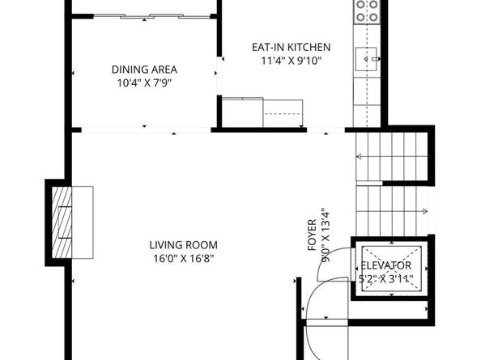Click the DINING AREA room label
tap(144, 70)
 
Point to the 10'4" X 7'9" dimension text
tap(144, 83)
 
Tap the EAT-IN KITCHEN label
tap(291, 48)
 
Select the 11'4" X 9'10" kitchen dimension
tap(291, 61)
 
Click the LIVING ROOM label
tap(183, 245)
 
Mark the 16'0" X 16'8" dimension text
tap(183, 259)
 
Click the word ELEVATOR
tap(386, 265)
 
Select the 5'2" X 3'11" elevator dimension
tap(386, 280)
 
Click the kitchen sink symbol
tap(368, 58)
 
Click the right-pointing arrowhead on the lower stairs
tap(427, 211)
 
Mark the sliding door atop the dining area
tap(144, 14)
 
